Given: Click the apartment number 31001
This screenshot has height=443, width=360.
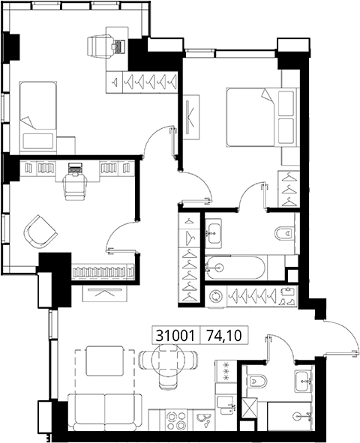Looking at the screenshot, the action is (x=175, y=336).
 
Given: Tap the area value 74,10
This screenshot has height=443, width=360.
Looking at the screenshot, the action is (x=224, y=336).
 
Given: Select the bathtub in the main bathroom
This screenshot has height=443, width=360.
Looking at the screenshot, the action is (x=235, y=268).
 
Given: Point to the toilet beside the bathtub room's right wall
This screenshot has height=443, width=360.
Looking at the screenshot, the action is (x=283, y=233).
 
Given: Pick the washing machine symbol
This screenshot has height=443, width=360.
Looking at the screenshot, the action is (x=215, y=296).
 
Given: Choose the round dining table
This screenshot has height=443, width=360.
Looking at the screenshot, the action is (x=168, y=359).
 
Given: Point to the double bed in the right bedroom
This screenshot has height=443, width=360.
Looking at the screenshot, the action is (x=262, y=117).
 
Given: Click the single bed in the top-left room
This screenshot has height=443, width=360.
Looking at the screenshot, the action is (x=37, y=116).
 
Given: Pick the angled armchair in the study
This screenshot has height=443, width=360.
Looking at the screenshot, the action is (x=40, y=232).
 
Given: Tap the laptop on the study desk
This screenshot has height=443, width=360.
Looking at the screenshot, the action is (x=75, y=169).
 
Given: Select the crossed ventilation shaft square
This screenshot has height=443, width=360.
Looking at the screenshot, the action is (x=249, y=408).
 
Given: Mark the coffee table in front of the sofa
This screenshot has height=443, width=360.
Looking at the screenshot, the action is (x=105, y=361).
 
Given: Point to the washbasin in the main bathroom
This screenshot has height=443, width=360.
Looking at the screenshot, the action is (x=213, y=233).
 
